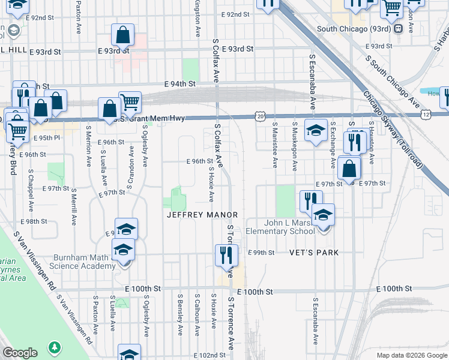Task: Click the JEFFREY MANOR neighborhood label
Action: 202,215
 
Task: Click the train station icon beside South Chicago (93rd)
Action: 399,29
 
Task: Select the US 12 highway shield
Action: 426,114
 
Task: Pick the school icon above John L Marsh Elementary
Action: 323,215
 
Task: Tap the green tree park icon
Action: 55,347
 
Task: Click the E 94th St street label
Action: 181,85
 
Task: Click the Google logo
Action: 20,353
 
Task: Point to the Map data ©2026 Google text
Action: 411,355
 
